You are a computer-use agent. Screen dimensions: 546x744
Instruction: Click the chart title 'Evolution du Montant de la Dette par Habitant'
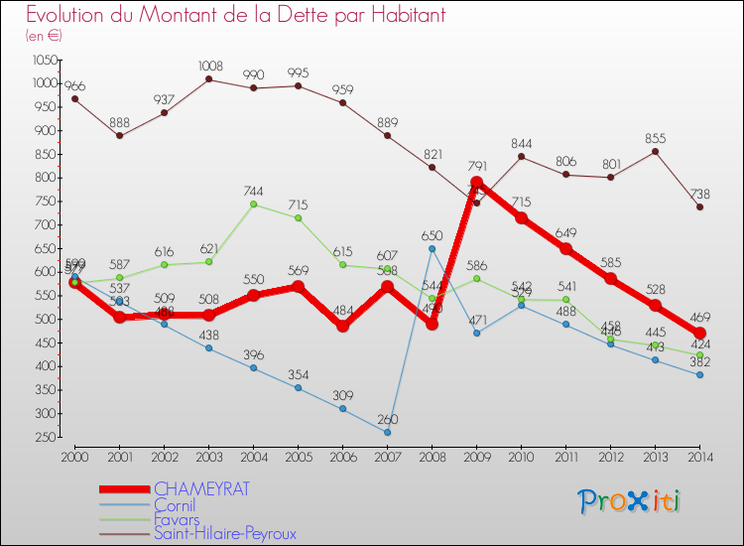[235, 16]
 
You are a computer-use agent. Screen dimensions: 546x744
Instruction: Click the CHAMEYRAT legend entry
[201, 488]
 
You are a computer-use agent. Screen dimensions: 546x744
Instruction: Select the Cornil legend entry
[175, 504]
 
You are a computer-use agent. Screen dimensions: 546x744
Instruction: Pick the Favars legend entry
[177, 519]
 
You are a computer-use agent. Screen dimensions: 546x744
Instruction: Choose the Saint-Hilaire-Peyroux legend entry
[225, 534]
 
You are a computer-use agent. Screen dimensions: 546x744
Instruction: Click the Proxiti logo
[630, 501]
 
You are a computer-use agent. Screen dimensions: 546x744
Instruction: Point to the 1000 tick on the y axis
[44, 83]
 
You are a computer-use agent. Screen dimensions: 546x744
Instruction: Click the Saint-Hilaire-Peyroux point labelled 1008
[208, 79]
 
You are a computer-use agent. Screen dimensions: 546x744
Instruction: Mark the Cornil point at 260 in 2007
[387, 432]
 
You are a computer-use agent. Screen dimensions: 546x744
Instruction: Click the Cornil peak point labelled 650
[432, 248]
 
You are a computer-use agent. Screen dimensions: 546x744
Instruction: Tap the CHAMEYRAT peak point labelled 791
[476, 183]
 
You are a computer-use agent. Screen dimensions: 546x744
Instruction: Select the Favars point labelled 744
[253, 205]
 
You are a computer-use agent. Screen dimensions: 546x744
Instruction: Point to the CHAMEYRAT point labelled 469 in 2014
[699, 334]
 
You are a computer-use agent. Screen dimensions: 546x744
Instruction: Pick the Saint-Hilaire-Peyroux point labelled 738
[699, 206]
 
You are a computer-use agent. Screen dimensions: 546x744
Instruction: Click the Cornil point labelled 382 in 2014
[699, 374]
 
